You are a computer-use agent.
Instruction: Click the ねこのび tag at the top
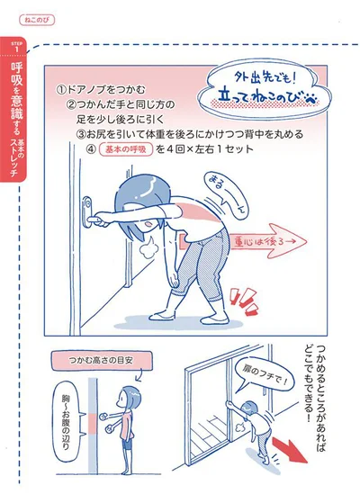coord(37,21)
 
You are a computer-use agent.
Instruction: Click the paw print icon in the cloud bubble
coord(310,100)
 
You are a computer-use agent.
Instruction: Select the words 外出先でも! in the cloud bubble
coord(265,77)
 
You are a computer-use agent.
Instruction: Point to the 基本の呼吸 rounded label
coord(126,149)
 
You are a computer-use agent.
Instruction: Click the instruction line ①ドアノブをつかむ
coord(101,90)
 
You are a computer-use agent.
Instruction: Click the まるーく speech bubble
coord(225,194)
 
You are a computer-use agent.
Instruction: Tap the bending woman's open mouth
coord(148,225)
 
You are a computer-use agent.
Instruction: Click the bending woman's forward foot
coord(162,315)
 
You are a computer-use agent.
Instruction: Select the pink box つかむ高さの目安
coord(101,361)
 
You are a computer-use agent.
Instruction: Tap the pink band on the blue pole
coord(93,424)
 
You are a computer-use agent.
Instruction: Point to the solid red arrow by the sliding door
coord(290,450)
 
